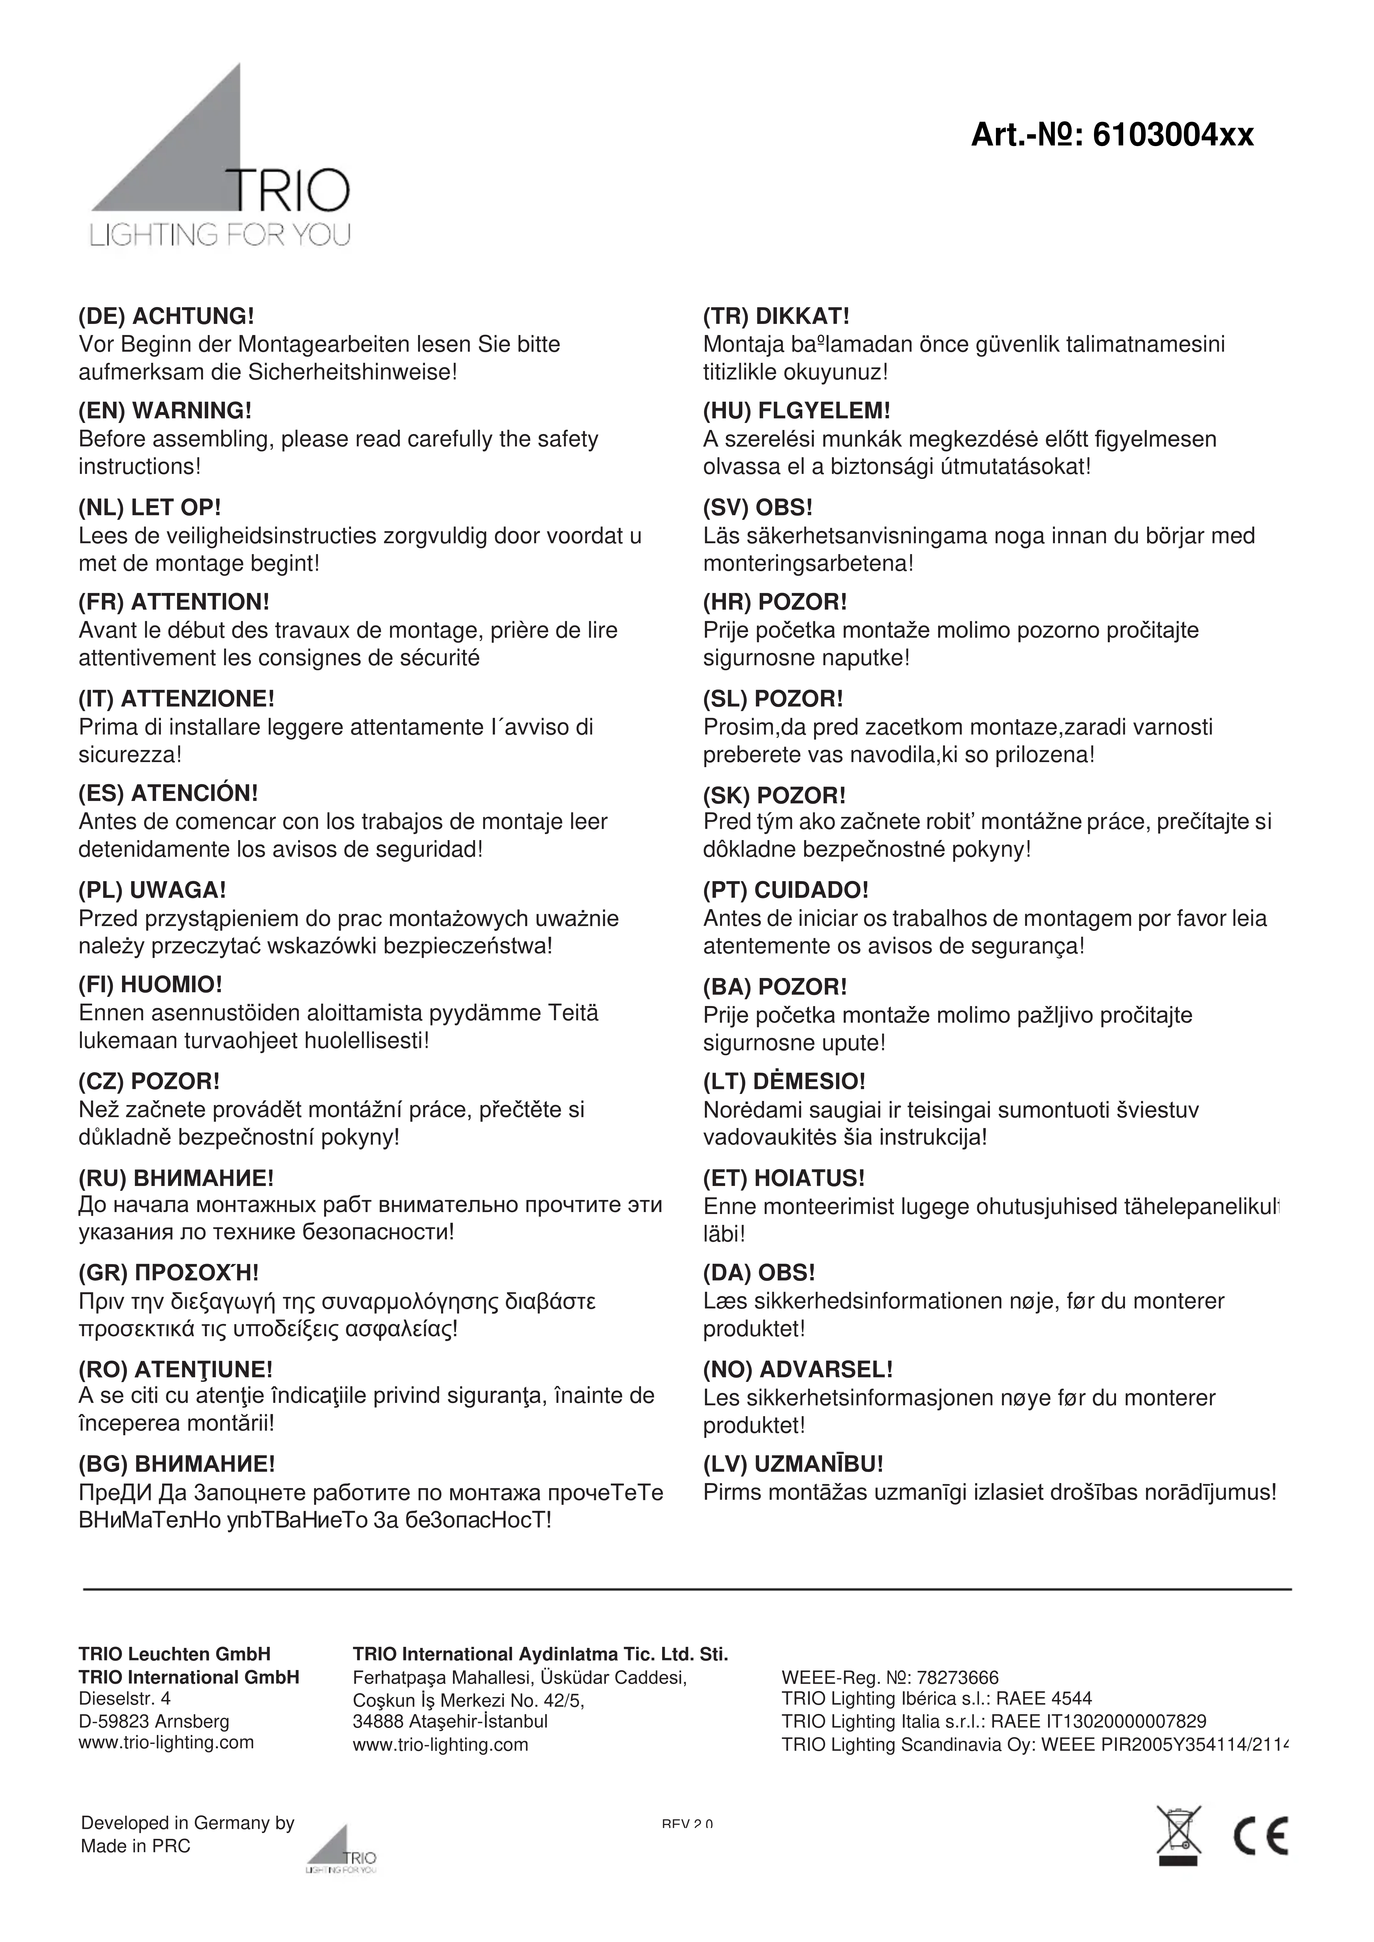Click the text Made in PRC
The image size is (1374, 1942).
135,1846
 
